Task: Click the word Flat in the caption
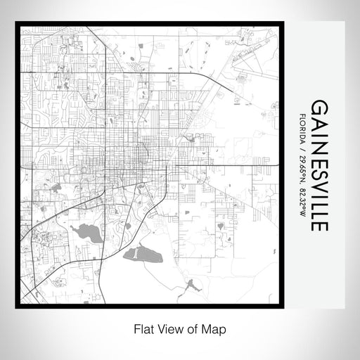pyautogui.click(x=142, y=328)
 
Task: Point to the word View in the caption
pyautogui.click(x=168, y=328)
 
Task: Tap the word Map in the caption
pyautogui.click(x=216, y=328)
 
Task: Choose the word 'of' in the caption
pyautogui.click(x=191, y=328)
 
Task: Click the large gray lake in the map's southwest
pyautogui.click(x=88, y=232)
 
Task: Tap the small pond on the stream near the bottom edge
pyautogui.click(x=189, y=284)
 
